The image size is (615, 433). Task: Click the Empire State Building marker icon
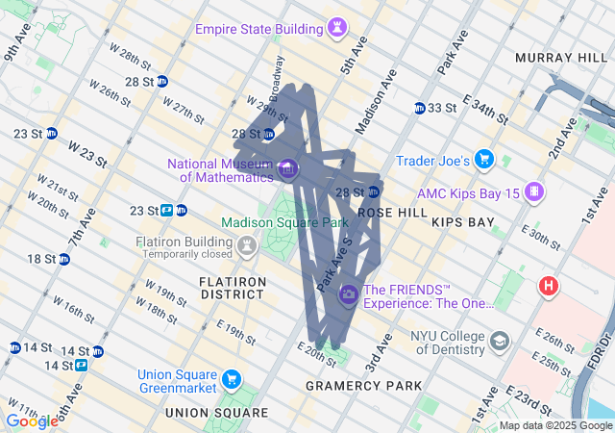click(337, 29)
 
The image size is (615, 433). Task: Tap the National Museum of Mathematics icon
click(288, 170)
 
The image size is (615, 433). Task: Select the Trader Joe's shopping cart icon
click(485, 159)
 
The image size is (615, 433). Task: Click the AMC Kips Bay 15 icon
click(533, 192)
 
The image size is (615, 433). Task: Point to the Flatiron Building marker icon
click(247, 245)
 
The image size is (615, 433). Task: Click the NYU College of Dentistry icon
click(500, 341)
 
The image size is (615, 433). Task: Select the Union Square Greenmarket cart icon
click(231, 380)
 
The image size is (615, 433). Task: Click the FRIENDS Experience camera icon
click(350, 295)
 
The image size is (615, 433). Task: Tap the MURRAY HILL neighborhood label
click(554, 58)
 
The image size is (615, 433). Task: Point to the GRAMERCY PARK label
click(362, 386)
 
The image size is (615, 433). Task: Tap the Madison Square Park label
click(283, 222)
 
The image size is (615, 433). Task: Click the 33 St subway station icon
click(420, 108)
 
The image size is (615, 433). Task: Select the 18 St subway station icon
click(64, 259)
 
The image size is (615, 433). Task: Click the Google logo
click(31, 420)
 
